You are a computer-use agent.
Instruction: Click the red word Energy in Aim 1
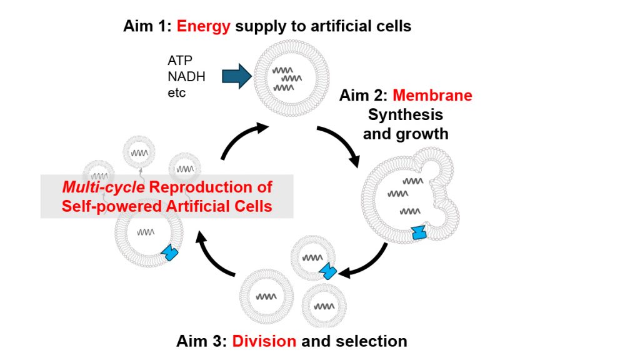[204, 26]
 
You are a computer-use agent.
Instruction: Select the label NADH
[186, 77]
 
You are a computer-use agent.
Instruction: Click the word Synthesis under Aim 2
[406, 115]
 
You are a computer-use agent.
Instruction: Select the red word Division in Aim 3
[264, 341]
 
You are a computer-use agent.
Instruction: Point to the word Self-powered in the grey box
[104, 206]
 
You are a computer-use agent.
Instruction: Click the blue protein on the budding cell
[420, 232]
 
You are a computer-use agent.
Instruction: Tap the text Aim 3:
[202, 341]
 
